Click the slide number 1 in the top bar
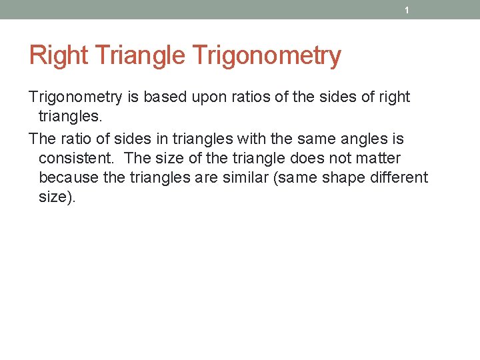pyautogui.click(x=406, y=11)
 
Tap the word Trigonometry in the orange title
pyautogui.click(x=266, y=55)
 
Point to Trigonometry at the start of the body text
pyautogui.click(x=75, y=97)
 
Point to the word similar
pyautogui.click(x=273, y=178)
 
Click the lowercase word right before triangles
pyautogui.click(x=394, y=97)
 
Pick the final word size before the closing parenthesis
pyautogui.click(x=53, y=197)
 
